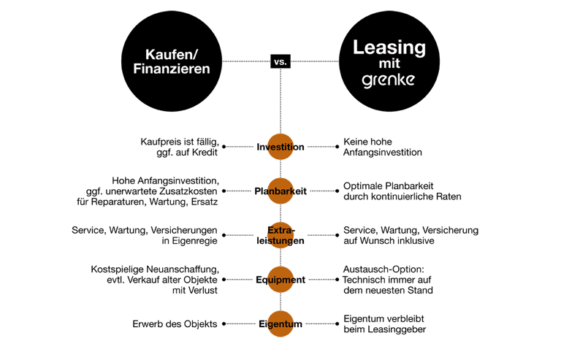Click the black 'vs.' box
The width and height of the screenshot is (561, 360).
(x=280, y=61)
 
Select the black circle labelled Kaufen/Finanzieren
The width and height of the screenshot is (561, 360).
(x=172, y=61)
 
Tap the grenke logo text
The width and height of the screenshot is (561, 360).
(x=389, y=80)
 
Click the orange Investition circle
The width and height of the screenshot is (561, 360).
(x=280, y=147)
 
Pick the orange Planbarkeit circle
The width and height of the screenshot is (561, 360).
(x=280, y=191)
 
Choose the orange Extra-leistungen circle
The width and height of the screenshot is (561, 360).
(x=280, y=235)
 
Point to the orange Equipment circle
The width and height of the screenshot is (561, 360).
(x=280, y=280)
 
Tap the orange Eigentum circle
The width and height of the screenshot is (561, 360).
(x=280, y=324)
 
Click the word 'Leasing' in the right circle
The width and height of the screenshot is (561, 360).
(x=389, y=48)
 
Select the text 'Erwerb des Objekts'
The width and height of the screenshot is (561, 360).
(x=175, y=324)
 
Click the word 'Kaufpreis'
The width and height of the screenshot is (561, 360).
(x=156, y=142)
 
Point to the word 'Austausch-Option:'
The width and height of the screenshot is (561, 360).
(x=383, y=269)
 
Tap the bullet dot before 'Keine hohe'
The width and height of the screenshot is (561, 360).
(x=337, y=147)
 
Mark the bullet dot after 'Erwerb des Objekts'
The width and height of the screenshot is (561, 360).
(x=224, y=324)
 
